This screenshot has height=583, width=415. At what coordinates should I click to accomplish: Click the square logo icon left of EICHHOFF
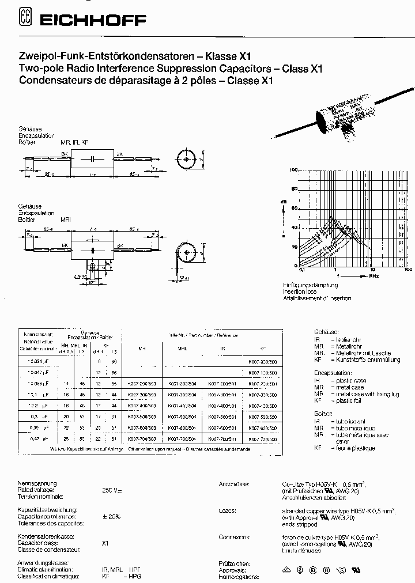tap(25, 19)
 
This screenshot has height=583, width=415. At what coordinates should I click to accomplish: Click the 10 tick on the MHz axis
tap(373, 269)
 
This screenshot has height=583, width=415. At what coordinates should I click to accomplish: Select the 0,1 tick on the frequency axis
tap(301, 269)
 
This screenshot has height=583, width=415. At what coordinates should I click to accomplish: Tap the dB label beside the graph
tap(283, 200)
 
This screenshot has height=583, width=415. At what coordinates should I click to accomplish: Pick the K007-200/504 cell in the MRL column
tap(180, 382)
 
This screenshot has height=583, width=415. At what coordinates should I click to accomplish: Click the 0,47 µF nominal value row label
tap(36, 439)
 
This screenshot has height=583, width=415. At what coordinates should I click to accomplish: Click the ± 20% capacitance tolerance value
tap(111, 517)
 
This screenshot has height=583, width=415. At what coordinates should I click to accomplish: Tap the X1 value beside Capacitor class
tap(105, 543)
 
